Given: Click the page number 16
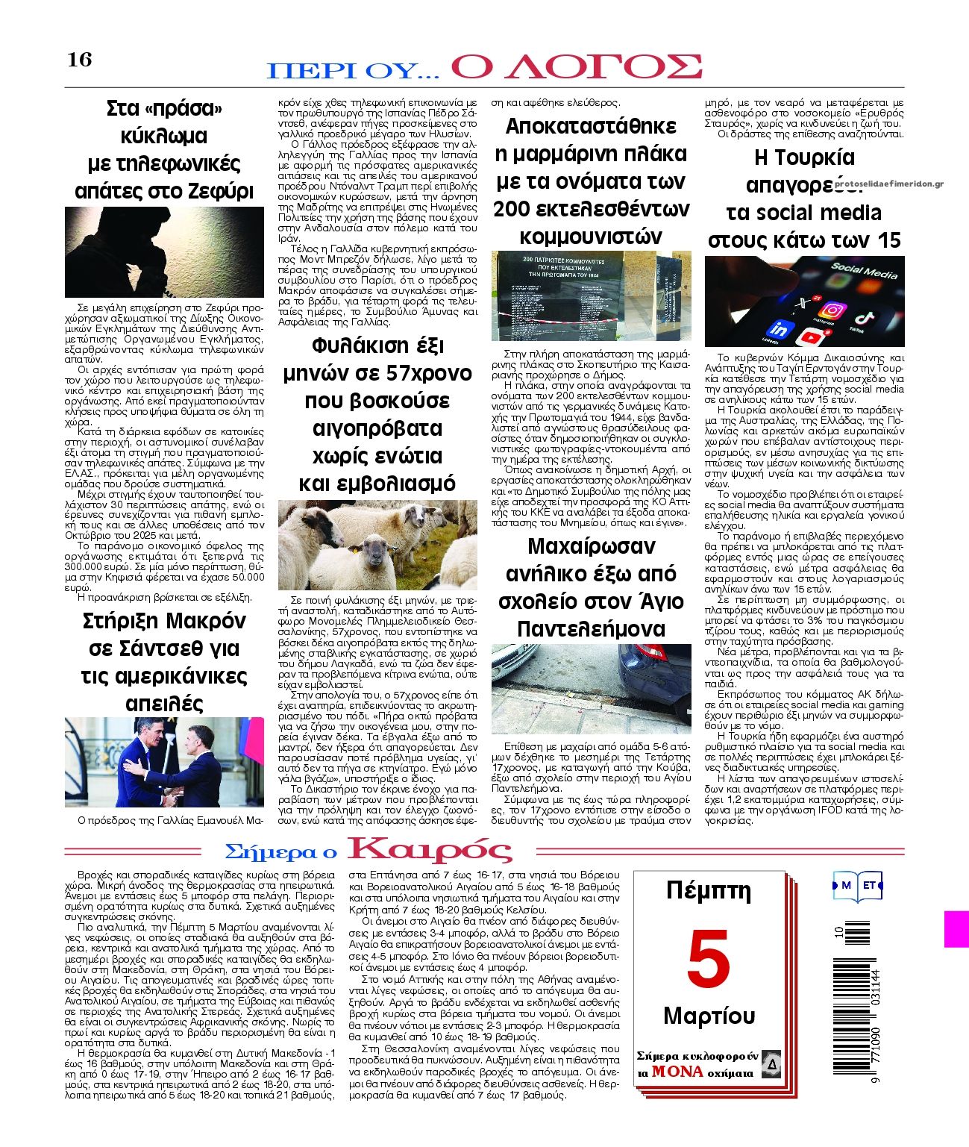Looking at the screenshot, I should tap(80, 59).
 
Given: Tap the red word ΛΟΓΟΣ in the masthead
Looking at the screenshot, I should tap(576, 66).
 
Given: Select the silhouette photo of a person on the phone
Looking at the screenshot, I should tap(164, 252).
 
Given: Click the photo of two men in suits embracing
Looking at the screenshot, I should tap(164, 762).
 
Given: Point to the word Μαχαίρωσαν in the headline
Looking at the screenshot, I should tap(591, 547).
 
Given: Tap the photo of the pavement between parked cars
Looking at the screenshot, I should tap(591, 689).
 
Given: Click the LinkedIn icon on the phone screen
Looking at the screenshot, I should tap(780, 330).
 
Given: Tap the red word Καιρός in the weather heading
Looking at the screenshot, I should tap(430, 850).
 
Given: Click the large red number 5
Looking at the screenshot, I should tap(708, 959).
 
